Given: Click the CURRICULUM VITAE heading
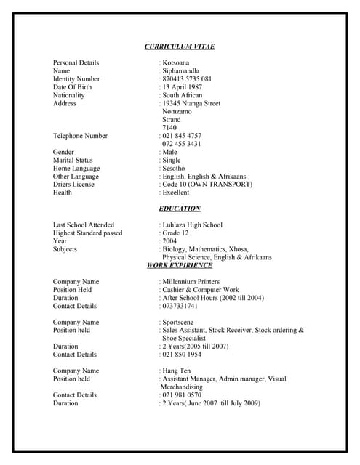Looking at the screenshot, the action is click(180, 46).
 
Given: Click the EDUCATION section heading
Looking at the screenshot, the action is click(180, 209).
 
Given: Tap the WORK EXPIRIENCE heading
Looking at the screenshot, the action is click(180, 265).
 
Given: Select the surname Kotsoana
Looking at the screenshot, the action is click(176, 63).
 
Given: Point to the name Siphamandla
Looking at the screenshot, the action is click(182, 71).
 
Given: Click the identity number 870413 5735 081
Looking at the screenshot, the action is click(188, 79).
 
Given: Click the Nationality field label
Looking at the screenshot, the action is click(69, 95).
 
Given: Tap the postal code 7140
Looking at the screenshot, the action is click(169, 128).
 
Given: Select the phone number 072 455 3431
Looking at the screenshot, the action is click(182, 144).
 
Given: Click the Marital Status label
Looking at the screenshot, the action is click(73, 160).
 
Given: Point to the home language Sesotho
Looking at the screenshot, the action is click(175, 168).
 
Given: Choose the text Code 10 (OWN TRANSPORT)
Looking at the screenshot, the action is click(208, 185).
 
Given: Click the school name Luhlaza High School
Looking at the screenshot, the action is click(193, 225).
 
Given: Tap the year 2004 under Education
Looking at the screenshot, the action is click(169, 241).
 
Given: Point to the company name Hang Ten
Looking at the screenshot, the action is click(177, 371).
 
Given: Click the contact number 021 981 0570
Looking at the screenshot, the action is click(182, 395).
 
